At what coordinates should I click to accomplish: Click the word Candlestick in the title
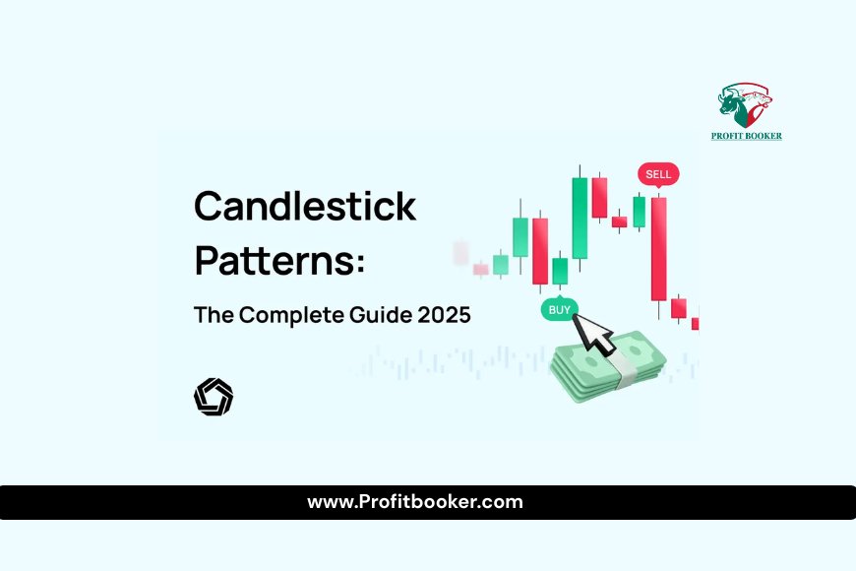[305, 206]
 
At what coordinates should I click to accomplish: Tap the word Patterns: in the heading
[279, 261]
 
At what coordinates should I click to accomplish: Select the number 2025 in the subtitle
[444, 315]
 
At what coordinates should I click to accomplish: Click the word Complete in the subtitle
[291, 315]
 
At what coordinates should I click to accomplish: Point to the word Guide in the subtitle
[381, 315]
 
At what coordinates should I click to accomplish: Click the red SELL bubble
[658, 174]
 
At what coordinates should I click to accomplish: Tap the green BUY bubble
[559, 309]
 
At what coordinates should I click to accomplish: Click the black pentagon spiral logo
[214, 397]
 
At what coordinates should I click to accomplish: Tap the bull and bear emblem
[745, 105]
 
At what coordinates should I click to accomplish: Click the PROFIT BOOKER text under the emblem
[746, 136]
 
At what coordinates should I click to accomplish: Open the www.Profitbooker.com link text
[415, 502]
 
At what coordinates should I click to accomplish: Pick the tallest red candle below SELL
[659, 249]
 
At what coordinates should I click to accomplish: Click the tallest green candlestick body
[580, 218]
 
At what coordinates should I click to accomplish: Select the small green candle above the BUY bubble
[560, 271]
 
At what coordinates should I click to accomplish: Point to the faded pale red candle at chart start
[460, 253]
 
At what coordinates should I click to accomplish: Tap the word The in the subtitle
[214, 315]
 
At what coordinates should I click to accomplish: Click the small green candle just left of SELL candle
[639, 212]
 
